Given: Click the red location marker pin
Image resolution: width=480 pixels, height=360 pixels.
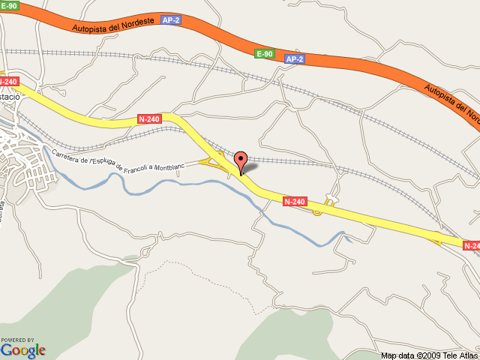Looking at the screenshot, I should pyautogui.click(x=241, y=160).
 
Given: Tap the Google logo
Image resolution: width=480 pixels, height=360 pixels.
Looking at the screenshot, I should pyautogui.click(x=22, y=349).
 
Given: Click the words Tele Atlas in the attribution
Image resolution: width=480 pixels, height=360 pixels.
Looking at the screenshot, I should pyautogui.click(x=460, y=355).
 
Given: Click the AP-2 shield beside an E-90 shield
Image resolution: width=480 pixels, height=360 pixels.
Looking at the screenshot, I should pyautogui.click(x=295, y=58).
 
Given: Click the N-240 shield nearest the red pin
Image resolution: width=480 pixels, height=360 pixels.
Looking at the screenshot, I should pyautogui.click(x=295, y=202).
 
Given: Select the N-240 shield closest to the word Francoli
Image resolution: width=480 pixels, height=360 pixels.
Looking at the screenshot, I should pyautogui.click(x=148, y=118).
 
